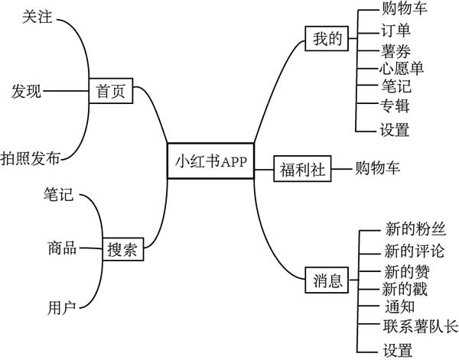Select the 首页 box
pos(111,91)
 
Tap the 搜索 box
pos(122,249)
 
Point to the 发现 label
pos(26,91)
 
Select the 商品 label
pos(61,248)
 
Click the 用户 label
pos(61,308)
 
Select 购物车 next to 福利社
pos(378,168)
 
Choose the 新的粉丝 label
pos(410,229)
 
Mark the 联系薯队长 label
pos(419,328)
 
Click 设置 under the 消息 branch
pos(397,351)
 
